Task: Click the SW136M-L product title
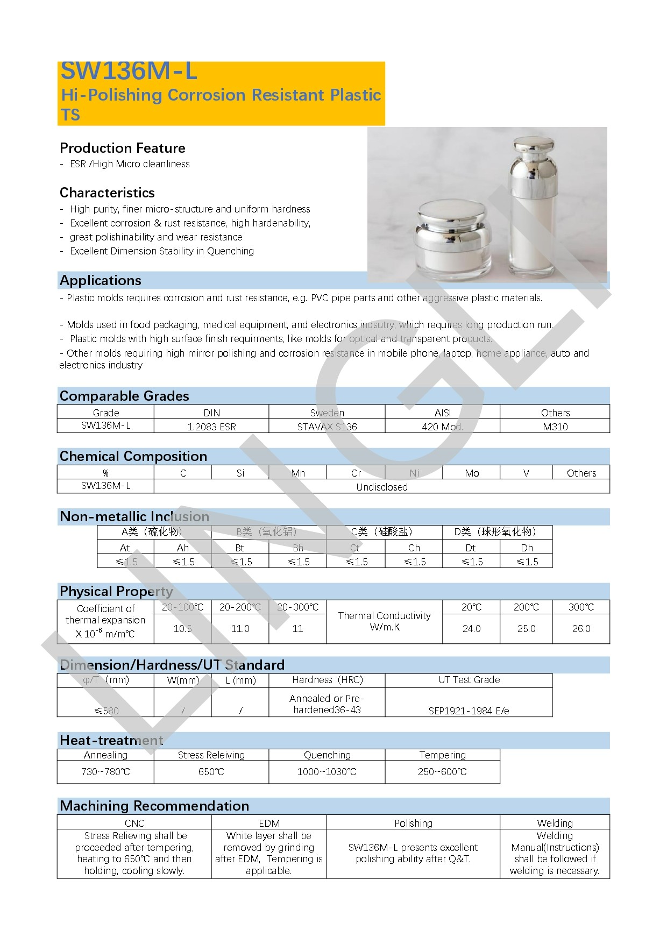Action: point(129,72)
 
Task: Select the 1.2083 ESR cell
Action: point(211,427)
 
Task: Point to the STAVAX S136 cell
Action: point(327,427)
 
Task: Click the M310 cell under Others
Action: point(555,427)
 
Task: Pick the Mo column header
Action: point(472,473)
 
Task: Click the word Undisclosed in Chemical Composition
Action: point(382,487)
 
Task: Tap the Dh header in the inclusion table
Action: point(527,548)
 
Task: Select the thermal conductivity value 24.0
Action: point(471,628)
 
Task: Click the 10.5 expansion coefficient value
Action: point(182,628)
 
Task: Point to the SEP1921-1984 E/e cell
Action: point(469,711)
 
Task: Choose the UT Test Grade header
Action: point(469,680)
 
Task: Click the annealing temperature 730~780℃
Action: point(105,771)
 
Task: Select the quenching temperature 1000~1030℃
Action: point(327,771)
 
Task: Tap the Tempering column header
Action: point(442,755)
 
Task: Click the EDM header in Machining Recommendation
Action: point(269,823)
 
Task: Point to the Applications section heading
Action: point(101,280)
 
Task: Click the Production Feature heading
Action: point(123,148)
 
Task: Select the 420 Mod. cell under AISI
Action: point(442,427)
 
